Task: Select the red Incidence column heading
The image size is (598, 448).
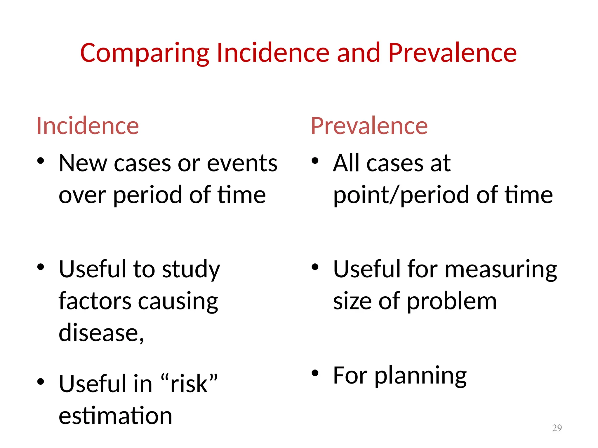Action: point(88,126)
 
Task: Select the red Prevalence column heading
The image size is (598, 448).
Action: point(369,126)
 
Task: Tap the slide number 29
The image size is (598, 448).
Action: point(557,428)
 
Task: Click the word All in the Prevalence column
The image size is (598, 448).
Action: point(346,163)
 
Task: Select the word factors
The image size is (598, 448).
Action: point(95,301)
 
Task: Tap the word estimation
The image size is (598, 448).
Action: point(115,416)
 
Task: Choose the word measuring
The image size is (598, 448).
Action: point(501,270)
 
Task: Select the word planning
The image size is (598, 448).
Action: point(420,376)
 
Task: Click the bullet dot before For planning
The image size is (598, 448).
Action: point(315,373)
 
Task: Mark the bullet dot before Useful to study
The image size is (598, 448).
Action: point(41,267)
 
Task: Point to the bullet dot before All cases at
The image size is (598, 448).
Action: point(315,161)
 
